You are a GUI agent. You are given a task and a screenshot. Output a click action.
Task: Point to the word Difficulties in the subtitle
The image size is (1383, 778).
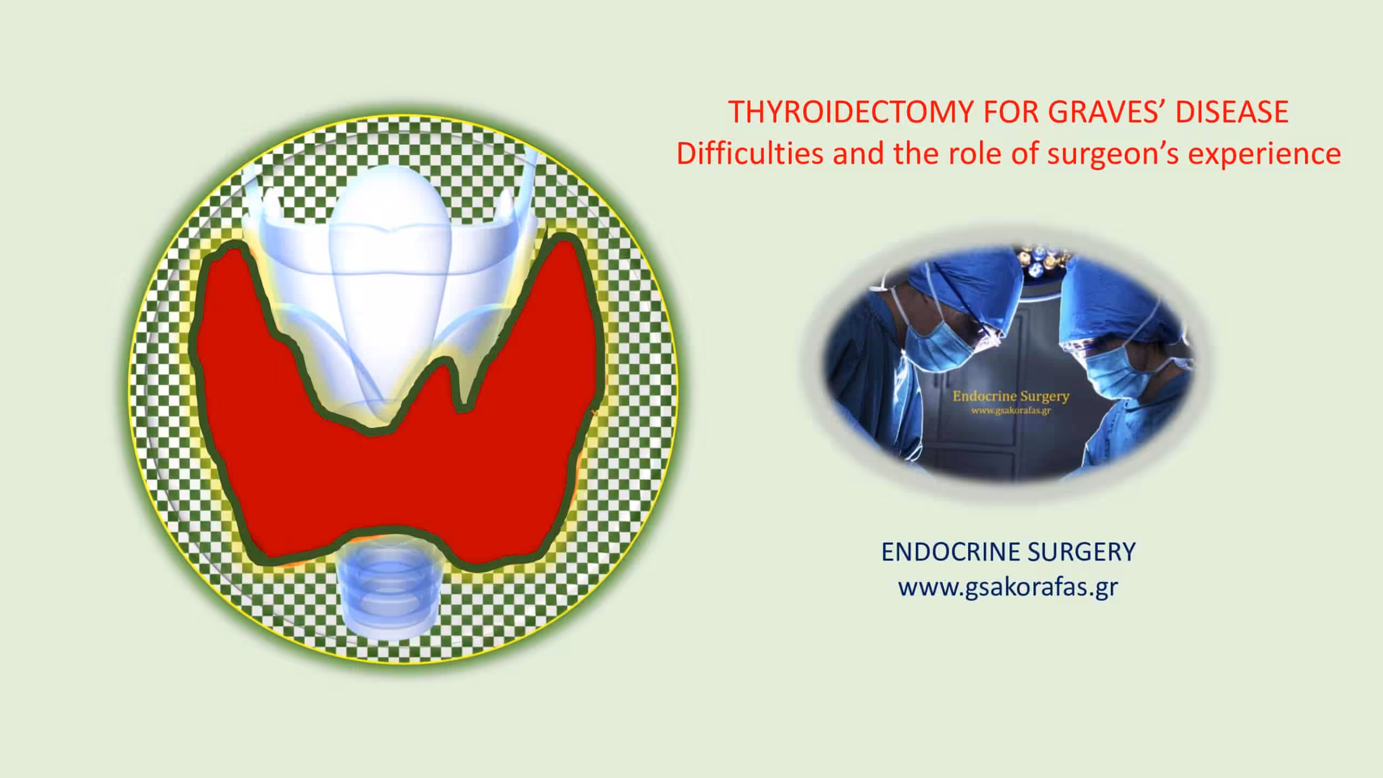pyautogui.click(x=750, y=153)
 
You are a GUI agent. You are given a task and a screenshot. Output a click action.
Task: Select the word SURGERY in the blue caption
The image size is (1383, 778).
pyautogui.click(x=1082, y=552)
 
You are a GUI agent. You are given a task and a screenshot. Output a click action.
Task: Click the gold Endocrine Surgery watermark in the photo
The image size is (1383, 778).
pyautogui.click(x=1011, y=397)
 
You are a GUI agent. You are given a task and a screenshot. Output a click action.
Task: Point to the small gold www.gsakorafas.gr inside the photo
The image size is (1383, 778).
pyautogui.click(x=1011, y=411)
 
